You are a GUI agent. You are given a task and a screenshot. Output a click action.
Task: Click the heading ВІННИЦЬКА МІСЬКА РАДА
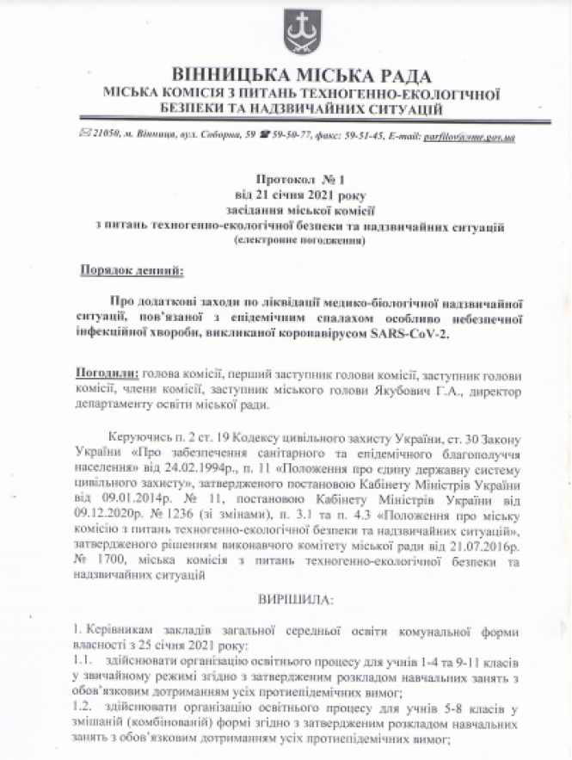[301, 75]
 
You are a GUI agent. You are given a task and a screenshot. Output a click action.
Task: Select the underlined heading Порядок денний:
[130, 269]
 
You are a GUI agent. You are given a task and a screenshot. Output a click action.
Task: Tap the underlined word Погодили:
[108, 374]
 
